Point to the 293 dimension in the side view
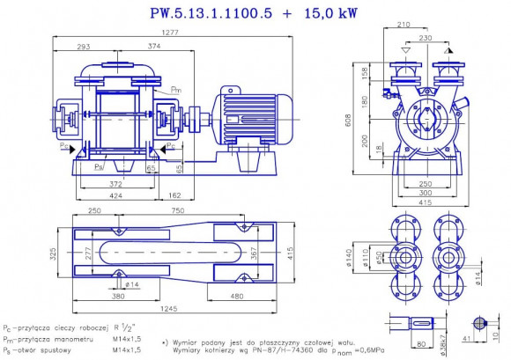85,46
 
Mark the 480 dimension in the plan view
237,297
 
